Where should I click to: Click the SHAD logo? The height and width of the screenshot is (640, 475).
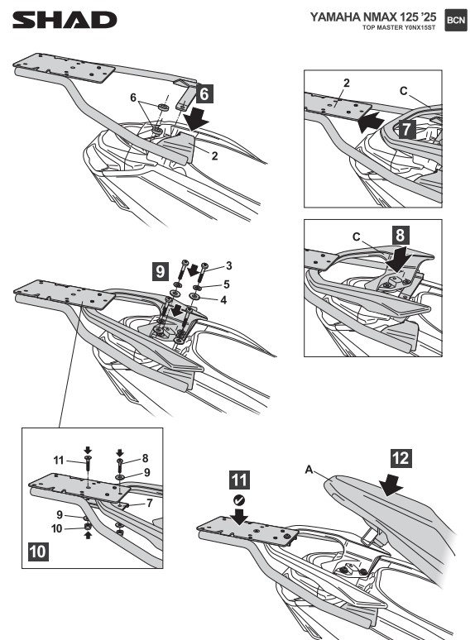click(x=65, y=20)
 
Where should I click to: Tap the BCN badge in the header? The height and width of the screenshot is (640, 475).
click(x=456, y=20)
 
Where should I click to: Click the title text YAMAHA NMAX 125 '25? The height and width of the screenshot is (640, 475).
click(x=373, y=17)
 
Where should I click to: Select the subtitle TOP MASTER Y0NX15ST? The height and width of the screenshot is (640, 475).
click(x=399, y=28)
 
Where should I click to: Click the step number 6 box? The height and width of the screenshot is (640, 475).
click(x=204, y=93)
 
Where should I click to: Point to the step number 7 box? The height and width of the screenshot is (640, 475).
click(x=405, y=129)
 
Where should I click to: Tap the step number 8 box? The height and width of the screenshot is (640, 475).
click(x=400, y=235)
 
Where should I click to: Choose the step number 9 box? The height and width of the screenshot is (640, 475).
click(x=161, y=271)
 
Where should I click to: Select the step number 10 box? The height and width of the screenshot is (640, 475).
click(x=38, y=552)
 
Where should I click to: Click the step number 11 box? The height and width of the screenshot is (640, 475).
click(x=239, y=480)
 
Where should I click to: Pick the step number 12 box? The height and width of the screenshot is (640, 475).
click(x=401, y=458)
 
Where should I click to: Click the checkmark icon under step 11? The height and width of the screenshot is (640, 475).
click(x=239, y=499)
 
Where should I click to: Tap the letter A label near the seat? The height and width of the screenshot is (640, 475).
click(x=309, y=470)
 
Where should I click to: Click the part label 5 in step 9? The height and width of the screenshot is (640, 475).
click(x=227, y=284)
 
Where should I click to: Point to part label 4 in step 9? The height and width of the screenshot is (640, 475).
click(x=223, y=300)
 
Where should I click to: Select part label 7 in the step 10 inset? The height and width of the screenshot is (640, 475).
click(x=149, y=503)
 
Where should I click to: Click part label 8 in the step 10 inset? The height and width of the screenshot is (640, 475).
click(x=145, y=458)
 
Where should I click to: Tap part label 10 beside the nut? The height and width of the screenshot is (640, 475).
click(x=57, y=528)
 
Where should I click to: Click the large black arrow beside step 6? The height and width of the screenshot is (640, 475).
click(x=196, y=118)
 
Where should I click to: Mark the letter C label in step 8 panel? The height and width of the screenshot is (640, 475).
click(x=356, y=236)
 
